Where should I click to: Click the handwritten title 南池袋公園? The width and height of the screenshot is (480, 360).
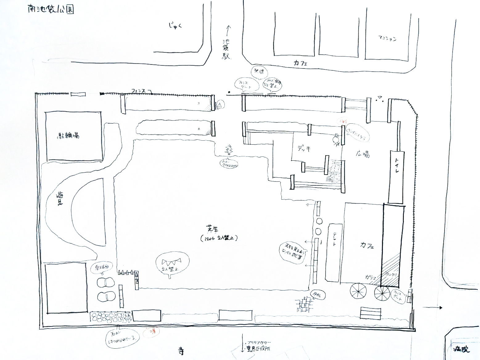pyautogui.click(x=50, y=9)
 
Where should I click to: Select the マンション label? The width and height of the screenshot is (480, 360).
pyautogui.click(x=387, y=39)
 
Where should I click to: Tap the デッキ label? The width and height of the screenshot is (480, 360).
pyautogui.click(x=304, y=148)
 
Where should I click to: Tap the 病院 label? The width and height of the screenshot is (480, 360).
pyautogui.click(x=462, y=350)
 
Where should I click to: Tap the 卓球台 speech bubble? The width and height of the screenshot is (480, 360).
pyautogui.click(x=101, y=268)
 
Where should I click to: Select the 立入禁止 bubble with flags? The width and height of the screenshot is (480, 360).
pyautogui.click(x=172, y=264)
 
